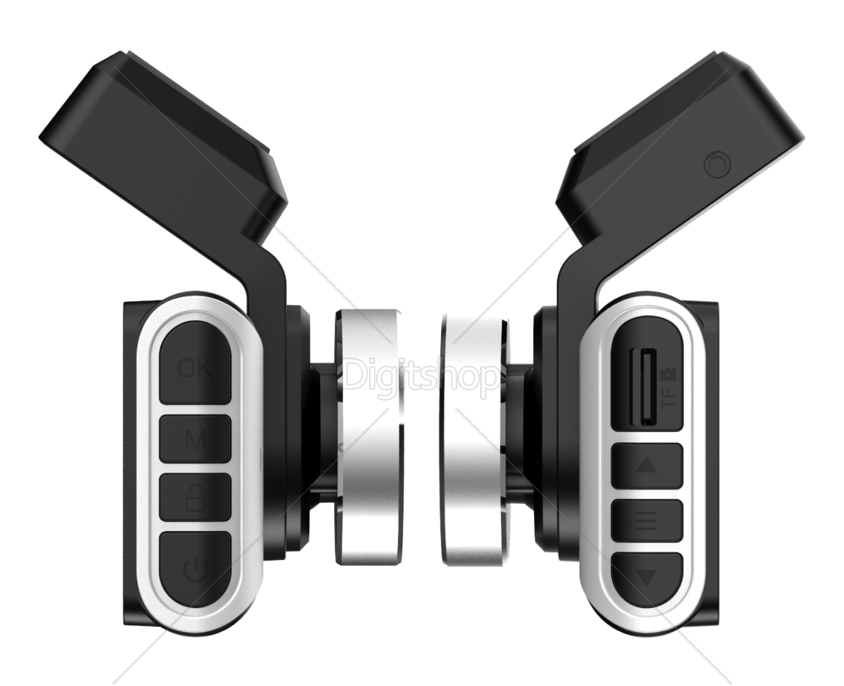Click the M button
coord(195,439)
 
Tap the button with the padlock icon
coord(195,497)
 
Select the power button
coord(195,569)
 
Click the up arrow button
coord(646,465)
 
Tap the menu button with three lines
coord(646,521)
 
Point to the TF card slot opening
coord(644,386)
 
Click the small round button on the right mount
coord(717,164)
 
